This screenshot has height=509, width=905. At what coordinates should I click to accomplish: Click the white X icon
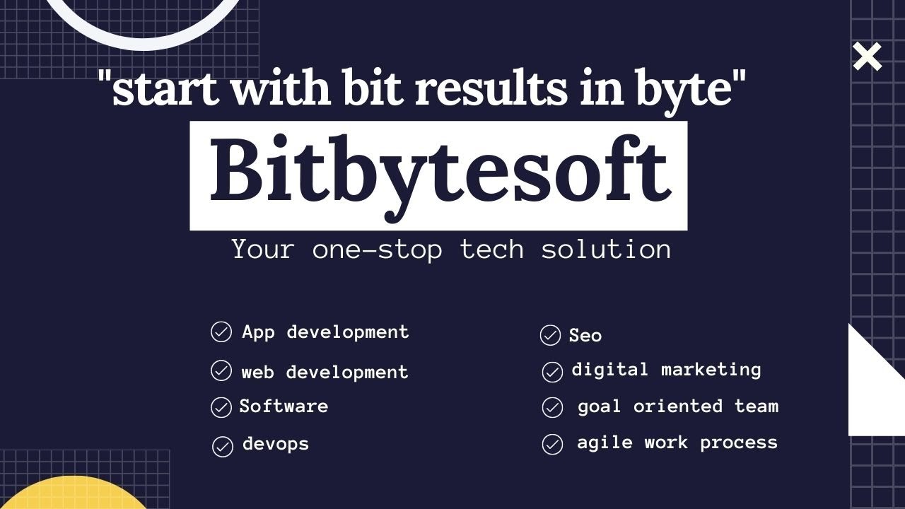[868, 57]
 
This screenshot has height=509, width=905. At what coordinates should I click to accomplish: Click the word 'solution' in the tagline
[606, 250]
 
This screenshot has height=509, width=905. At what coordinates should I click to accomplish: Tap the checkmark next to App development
[221, 332]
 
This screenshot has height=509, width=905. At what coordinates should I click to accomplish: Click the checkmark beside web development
[221, 370]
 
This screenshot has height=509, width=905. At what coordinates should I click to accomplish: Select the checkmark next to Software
[221, 407]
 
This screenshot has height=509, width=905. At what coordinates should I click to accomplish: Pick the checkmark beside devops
[223, 446]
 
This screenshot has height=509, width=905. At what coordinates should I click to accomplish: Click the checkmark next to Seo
[550, 335]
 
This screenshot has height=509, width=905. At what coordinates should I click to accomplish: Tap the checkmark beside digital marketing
[552, 371]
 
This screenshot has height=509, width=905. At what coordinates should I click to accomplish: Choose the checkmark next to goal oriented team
[552, 407]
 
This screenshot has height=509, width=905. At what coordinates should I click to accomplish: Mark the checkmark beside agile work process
[552, 444]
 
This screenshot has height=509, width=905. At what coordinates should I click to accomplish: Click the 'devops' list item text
[276, 444]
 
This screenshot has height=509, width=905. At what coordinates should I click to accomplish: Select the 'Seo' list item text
[585, 335]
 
